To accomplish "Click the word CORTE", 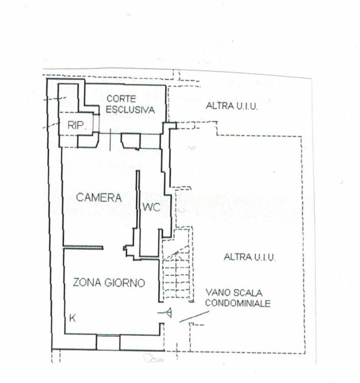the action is click(121, 99).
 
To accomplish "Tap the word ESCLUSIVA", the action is click(131, 109).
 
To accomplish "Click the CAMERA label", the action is click(99, 197).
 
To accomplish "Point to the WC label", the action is click(152, 207).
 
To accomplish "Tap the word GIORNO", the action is click(125, 283).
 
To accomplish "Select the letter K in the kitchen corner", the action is click(72, 318).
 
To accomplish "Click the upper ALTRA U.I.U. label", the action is click(232, 106).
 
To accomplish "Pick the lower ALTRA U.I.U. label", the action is click(250, 257).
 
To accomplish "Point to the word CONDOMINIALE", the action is click(238, 303).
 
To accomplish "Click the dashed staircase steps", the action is click(177, 274).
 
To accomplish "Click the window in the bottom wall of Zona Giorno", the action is click(108, 342).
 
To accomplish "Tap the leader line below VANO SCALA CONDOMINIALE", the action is click(194, 317).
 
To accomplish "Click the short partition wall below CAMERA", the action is click(83, 248).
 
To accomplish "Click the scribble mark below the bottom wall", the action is click(153, 359).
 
